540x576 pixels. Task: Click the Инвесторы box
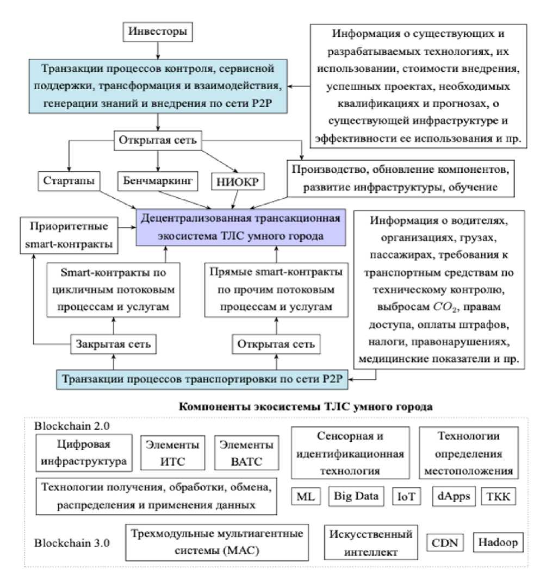[157, 32]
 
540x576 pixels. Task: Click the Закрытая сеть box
[113, 344]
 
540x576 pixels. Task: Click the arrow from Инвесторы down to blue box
[157, 50]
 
